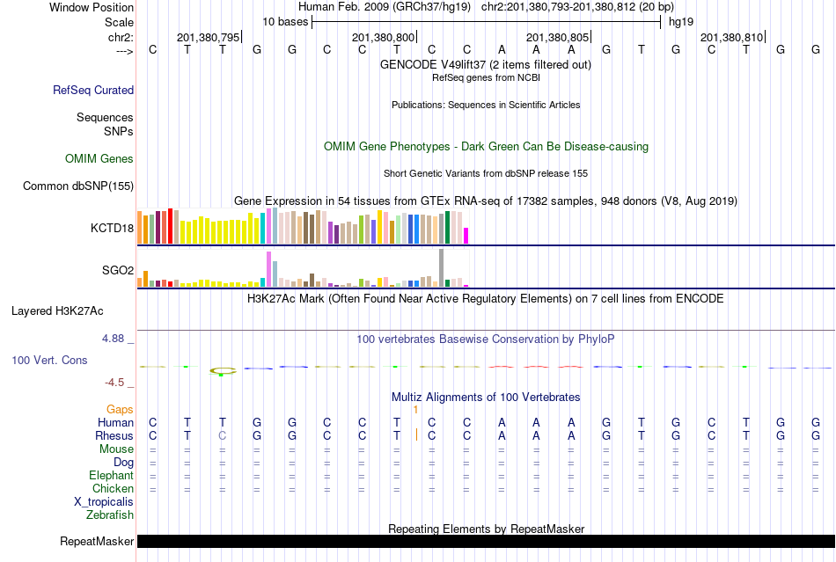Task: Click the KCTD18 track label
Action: click(112, 228)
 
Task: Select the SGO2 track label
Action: click(118, 270)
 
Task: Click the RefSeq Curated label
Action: click(93, 90)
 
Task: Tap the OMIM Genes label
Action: click(99, 159)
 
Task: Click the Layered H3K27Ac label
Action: click(57, 310)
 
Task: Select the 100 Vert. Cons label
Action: click(50, 361)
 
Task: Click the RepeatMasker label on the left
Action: click(97, 541)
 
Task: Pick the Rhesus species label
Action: click(114, 435)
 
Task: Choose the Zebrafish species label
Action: click(111, 515)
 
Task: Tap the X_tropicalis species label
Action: click(104, 501)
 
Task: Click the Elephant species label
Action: click(111, 475)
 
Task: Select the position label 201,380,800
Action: click(383, 38)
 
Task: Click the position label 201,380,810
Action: click(731, 38)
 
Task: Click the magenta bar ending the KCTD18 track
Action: click(466, 236)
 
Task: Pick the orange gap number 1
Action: click(414, 410)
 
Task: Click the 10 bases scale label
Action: click(284, 21)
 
